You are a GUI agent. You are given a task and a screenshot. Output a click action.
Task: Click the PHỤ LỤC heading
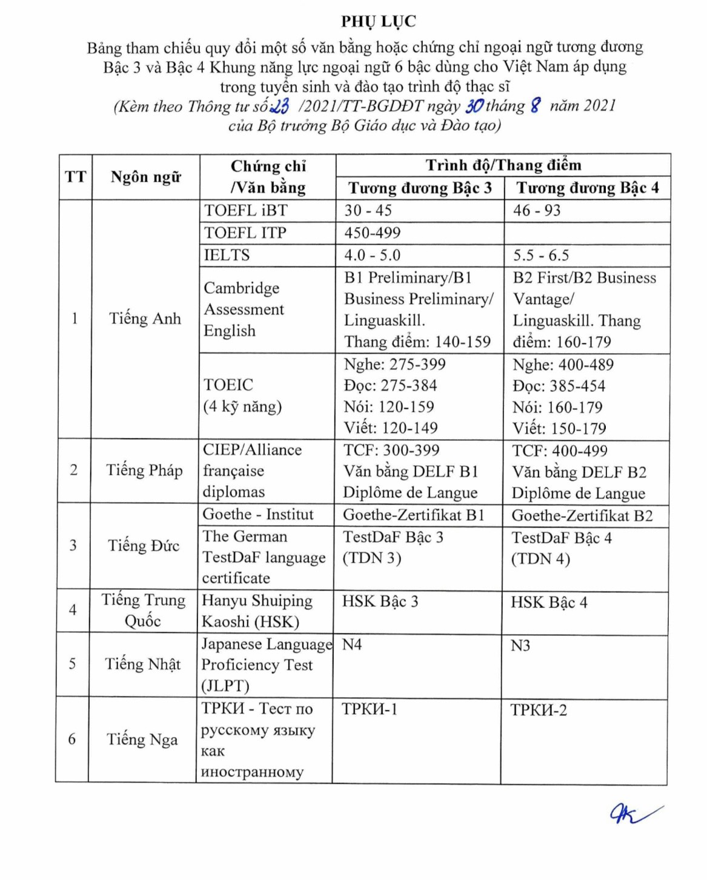click(378, 22)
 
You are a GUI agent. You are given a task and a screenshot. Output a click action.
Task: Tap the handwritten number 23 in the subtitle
click(280, 107)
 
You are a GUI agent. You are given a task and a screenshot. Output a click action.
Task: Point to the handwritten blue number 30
click(474, 106)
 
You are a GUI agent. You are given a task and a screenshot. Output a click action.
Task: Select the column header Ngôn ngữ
click(145, 177)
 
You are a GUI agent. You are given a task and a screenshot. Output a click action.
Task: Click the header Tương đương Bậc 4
click(587, 188)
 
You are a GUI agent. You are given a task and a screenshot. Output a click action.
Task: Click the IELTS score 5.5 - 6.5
click(541, 256)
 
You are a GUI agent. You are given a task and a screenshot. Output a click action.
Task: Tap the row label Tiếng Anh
click(145, 319)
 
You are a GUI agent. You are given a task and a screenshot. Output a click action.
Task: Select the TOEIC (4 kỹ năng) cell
click(242, 395)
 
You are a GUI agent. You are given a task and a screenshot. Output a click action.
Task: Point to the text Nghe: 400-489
click(563, 365)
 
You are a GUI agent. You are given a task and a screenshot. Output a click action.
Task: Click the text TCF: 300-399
click(391, 451)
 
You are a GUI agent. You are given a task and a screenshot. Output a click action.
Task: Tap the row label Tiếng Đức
click(144, 546)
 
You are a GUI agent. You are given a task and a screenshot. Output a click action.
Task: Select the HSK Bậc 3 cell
click(380, 602)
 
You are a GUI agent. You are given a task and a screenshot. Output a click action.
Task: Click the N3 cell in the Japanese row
click(520, 646)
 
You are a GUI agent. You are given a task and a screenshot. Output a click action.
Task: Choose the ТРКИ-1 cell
click(370, 709)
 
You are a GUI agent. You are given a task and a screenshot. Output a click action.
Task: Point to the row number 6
click(72, 739)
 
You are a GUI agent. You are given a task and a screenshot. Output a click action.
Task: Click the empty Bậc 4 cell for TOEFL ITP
click(586, 233)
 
